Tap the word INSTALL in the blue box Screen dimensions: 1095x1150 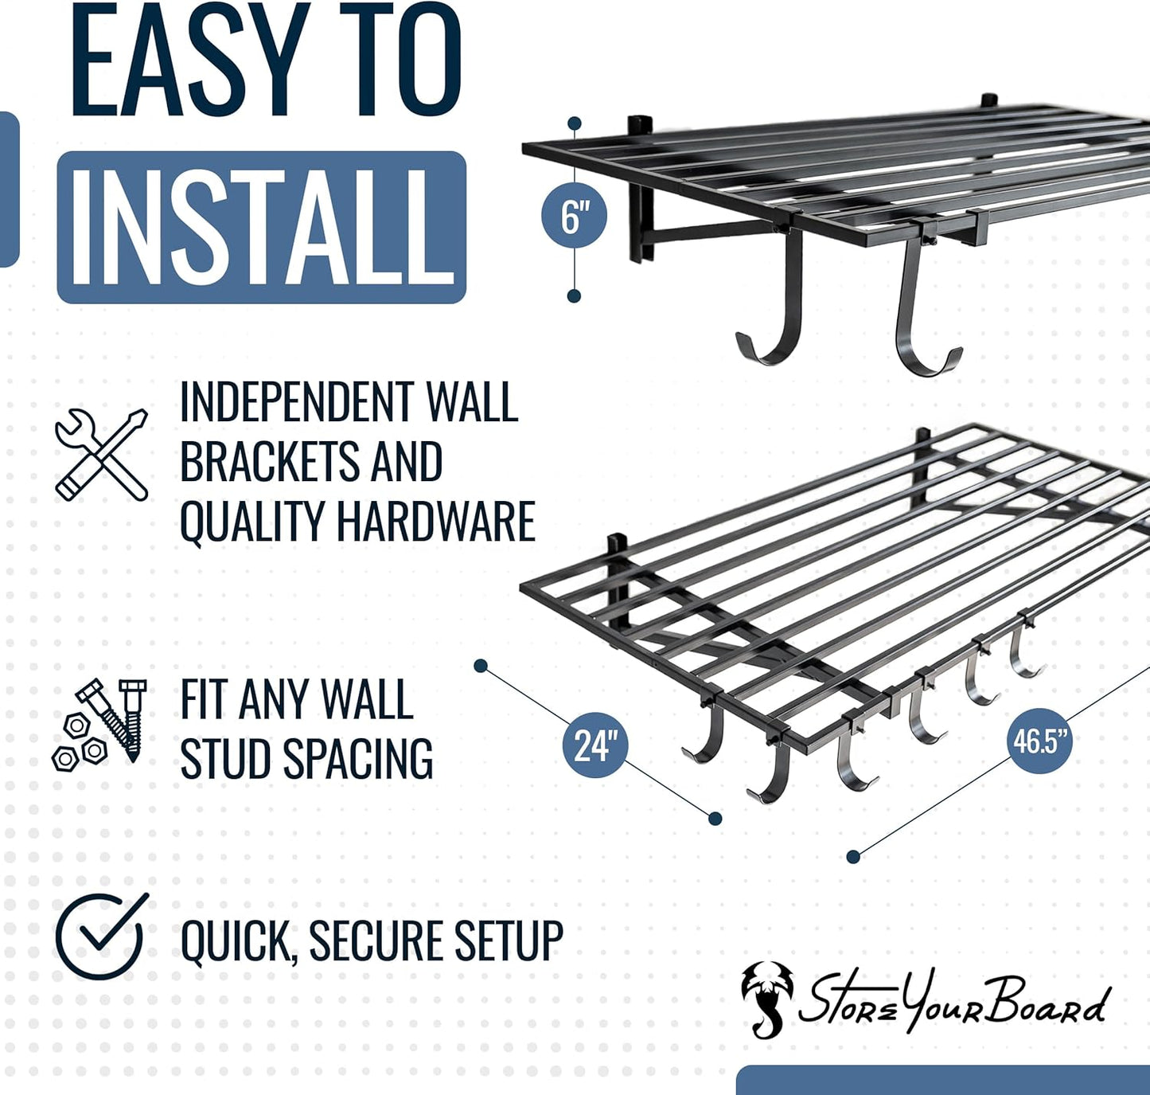[x=262, y=228]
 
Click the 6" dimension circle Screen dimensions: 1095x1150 [x=574, y=217]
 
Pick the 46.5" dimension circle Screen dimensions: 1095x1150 [x=1041, y=741]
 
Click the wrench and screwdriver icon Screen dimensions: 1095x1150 [x=102, y=455]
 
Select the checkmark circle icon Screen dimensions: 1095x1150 [x=102, y=937]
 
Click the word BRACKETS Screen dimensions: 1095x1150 [x=268, y=462]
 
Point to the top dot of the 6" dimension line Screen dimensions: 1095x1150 [x=574, y=123]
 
